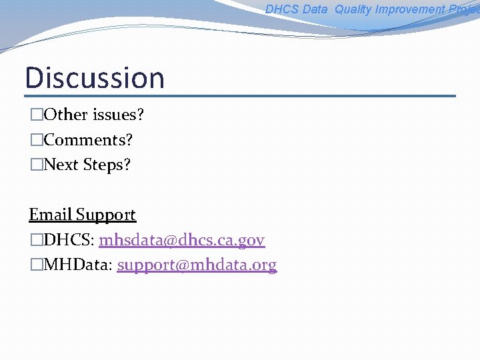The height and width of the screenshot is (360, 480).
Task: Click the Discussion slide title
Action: [x=95, y=77]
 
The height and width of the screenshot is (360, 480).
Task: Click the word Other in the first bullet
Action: [x=65, y=115]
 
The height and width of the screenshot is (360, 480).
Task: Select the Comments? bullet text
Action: [x=88, y=140]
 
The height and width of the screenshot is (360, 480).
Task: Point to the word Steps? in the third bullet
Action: [x=107, y=165]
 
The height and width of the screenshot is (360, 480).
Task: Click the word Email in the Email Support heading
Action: [x=50, y=215]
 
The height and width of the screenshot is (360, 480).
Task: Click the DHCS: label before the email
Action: [x=69, y=240]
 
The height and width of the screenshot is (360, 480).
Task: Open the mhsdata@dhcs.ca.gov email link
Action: [x=182, y=240]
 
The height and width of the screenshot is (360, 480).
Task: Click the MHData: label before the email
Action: [x=79, y=265]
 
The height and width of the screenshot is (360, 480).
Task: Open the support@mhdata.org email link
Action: [x=197, y=265]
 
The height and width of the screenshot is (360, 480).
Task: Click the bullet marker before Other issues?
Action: [x=36, y=115]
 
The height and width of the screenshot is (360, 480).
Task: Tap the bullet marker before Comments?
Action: [x=36, y=141]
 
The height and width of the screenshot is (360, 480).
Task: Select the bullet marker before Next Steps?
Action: [x=36, y=165]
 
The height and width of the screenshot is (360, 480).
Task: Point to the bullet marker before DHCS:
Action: [x=36, y=241]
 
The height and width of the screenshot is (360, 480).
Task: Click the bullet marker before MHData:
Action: [x=36, y=265]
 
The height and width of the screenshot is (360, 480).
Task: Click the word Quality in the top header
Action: [x=353, y=9]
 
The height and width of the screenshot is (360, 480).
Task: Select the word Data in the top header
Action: [x=315, y=9]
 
